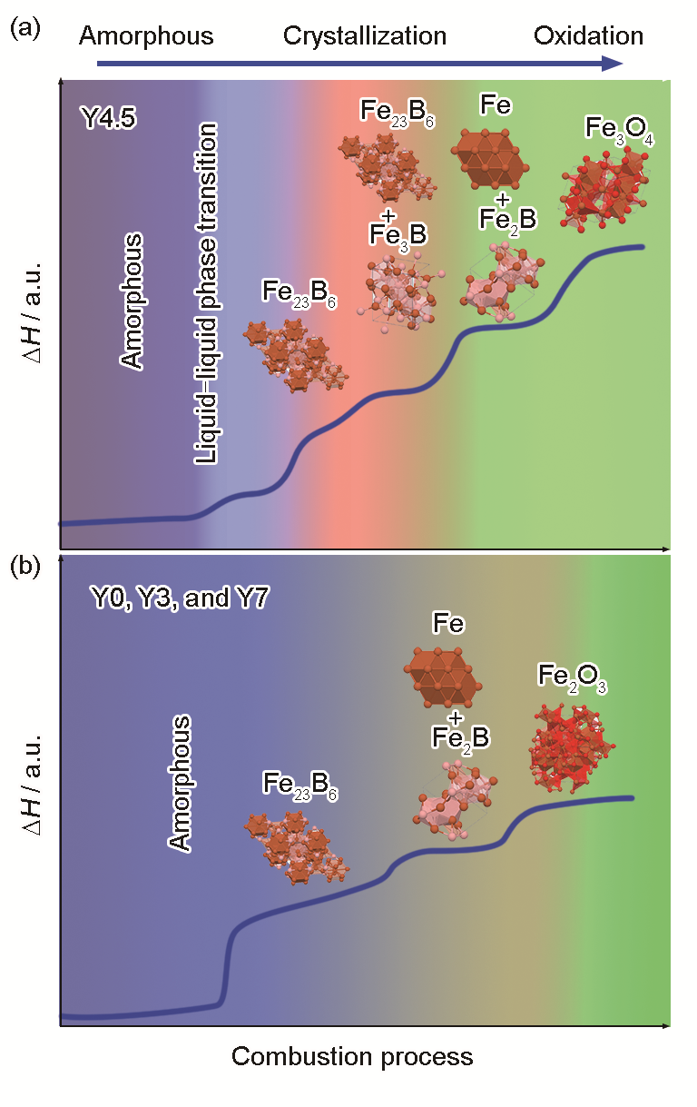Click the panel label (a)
[x=25, y=29]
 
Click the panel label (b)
[x=25, y=567]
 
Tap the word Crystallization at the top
[x=365, y=36]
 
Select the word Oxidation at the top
[x=588, y=36]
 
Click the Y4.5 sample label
[x=108, y=118]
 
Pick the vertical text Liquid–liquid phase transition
[x=206, y=293]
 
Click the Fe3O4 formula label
[x=620, y=131]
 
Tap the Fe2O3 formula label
[x=572, y=678]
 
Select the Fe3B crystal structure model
[x=399, y=292]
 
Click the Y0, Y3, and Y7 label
[x=180, y=598]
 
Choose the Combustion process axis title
[x=352, y=1057]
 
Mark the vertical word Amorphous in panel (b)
[x=179, y=782]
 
